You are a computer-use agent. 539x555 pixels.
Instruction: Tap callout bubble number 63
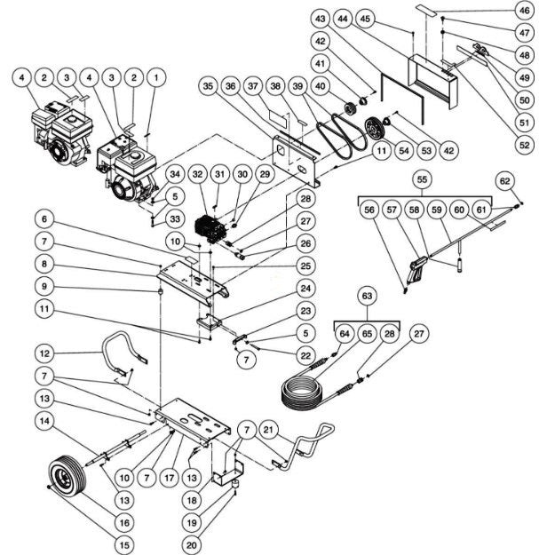(x=364, y=294)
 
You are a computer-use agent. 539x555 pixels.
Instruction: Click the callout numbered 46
(x=524, y=11)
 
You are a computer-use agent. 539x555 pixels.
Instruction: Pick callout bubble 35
(x=208, y=87)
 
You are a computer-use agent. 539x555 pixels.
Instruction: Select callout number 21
(x=267, y=431)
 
